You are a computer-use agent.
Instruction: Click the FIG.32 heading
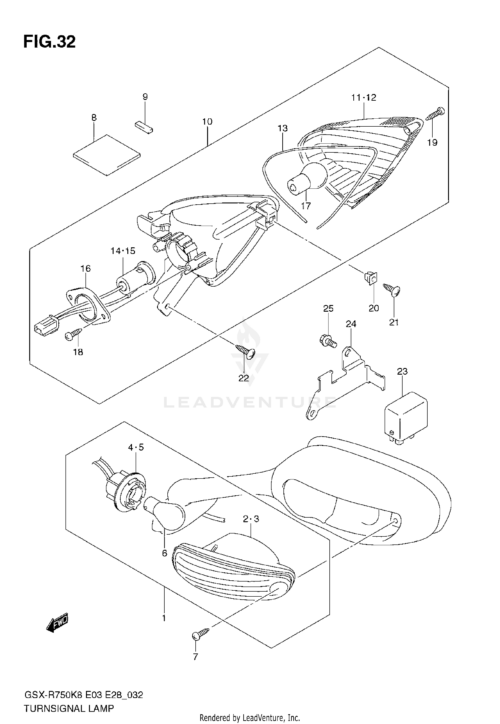pyautogui.click(x=49, y=42)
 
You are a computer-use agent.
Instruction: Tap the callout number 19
pyautogui.click(x=432, y=142)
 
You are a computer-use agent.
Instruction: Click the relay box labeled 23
pyautogui.click(x=406, y=417)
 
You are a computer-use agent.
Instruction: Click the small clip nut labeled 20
pyautogui.click(x=370, y=278)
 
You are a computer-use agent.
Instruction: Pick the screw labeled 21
pyautogui.click(x=392, y=289)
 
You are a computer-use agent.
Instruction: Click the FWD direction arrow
pyautogui.click(x=57, y=622)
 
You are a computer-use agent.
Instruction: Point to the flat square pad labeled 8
pyautogui.click(x=107, y=155)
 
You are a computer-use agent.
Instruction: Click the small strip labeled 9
pyautogui.click(x=144, y=127)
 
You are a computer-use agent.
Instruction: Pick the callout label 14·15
pyautogui.click(x=123, y=251)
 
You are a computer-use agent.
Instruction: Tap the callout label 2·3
pyautogui.click(x=251, y=519)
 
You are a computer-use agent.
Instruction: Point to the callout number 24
pyautogui.click(x=351, y=324)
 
